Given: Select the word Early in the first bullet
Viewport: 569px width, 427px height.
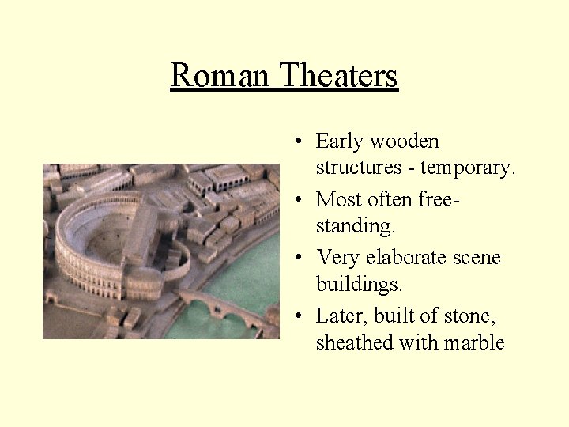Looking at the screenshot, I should (x=339, y=142).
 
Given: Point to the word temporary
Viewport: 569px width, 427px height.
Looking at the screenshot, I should (x=468, y=168).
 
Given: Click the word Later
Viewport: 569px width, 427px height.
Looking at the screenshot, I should (x=341, y=316).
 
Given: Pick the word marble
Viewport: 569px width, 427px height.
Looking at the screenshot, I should (x=474, y=342).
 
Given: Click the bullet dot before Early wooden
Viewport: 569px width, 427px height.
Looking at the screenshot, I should (x=293, y=142).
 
